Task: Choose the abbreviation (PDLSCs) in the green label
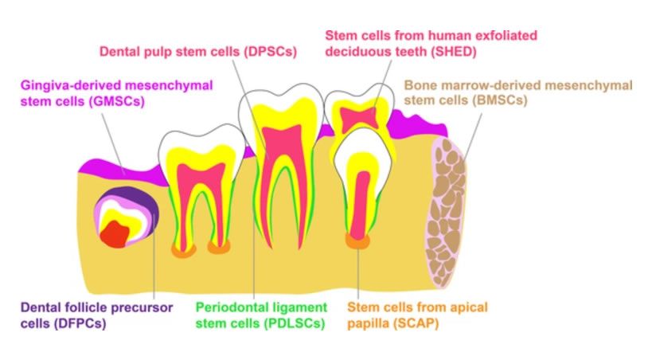[x=279, y=324]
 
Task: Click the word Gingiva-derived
[x=69, y=84]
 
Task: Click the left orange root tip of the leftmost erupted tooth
[x=185, y=249]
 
